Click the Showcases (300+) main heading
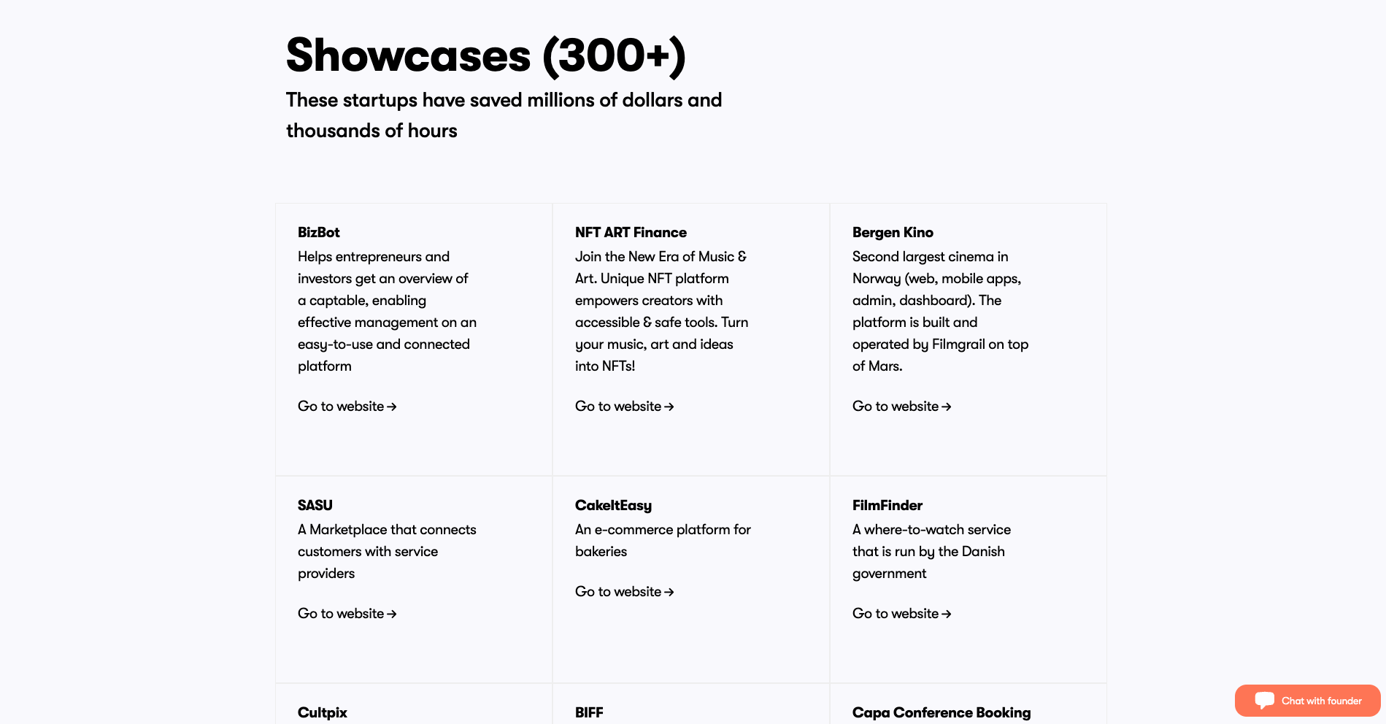pos(486,55)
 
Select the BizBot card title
pos(319,232)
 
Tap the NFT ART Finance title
pos(631,232)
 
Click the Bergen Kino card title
pos(893,233)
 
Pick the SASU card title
pos(315,505)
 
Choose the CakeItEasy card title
pos(613,506)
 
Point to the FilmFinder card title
pos(888,505)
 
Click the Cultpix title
pos(323,713)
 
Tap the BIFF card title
pos(589,712)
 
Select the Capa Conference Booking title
pos(942,713)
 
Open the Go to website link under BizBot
pos(347,407)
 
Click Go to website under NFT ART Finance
pos(625,407)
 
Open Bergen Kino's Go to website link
pos(902,407)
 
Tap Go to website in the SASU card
pos(347,614)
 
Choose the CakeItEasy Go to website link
pos(625,592)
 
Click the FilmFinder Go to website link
pos(902,614)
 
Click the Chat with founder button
pos(1307,701)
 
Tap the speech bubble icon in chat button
pos(1265,701)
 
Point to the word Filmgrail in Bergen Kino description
pos(958,344)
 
